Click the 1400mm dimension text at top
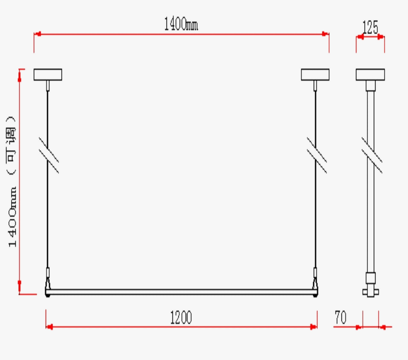pyautogui.click(x=181, y=24)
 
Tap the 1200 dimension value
pyautogui.click(x=181, y=318)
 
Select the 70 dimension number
pyautogui.click(x=341, y=318)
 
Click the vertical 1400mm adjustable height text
pyautogui.click(x=12, y=181)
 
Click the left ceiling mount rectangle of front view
pyautogui.click(x=47, y=74)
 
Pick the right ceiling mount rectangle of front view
pyautogui.click(x=315, y=74)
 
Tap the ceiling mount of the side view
pyautogui.click(x=370, y=74)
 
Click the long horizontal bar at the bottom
pyautogui.click(x=181, y=292)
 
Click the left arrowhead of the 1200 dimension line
pyautogui.click(x=49, y=326)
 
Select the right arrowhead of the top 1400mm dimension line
pyautogui.click(x=326, y=34)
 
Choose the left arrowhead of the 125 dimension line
pyautogui.click(x=359, y=37)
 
